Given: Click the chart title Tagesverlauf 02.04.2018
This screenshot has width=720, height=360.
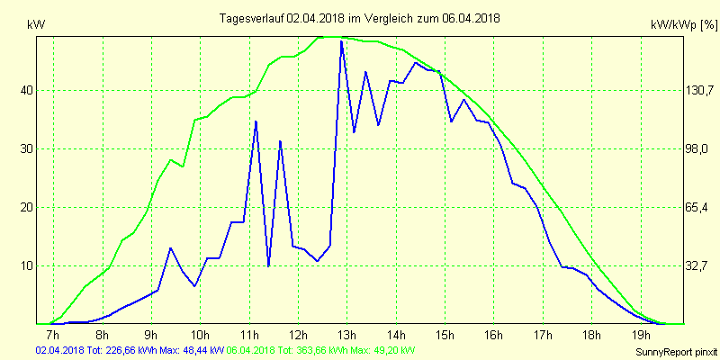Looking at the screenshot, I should tap(360, 18).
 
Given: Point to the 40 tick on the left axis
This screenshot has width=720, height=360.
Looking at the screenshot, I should tap(27, 90).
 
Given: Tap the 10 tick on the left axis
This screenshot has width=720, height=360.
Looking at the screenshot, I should tap(27, 265).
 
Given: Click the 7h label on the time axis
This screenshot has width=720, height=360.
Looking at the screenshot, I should tap(52, 336).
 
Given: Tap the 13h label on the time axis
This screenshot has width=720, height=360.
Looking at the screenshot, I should tap(346, 336).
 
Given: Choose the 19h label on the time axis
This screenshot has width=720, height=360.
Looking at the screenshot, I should tap(640, 336).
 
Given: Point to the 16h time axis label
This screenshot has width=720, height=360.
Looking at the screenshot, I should tap(493, 336).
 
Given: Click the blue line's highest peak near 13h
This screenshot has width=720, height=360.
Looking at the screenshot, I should tap(341, 41).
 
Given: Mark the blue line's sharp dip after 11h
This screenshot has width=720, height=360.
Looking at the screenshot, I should tap(268, 265).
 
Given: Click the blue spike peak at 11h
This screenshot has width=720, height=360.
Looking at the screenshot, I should tap(256, 121).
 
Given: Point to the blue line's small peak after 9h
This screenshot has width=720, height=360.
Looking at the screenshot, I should tap(171, 247).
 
